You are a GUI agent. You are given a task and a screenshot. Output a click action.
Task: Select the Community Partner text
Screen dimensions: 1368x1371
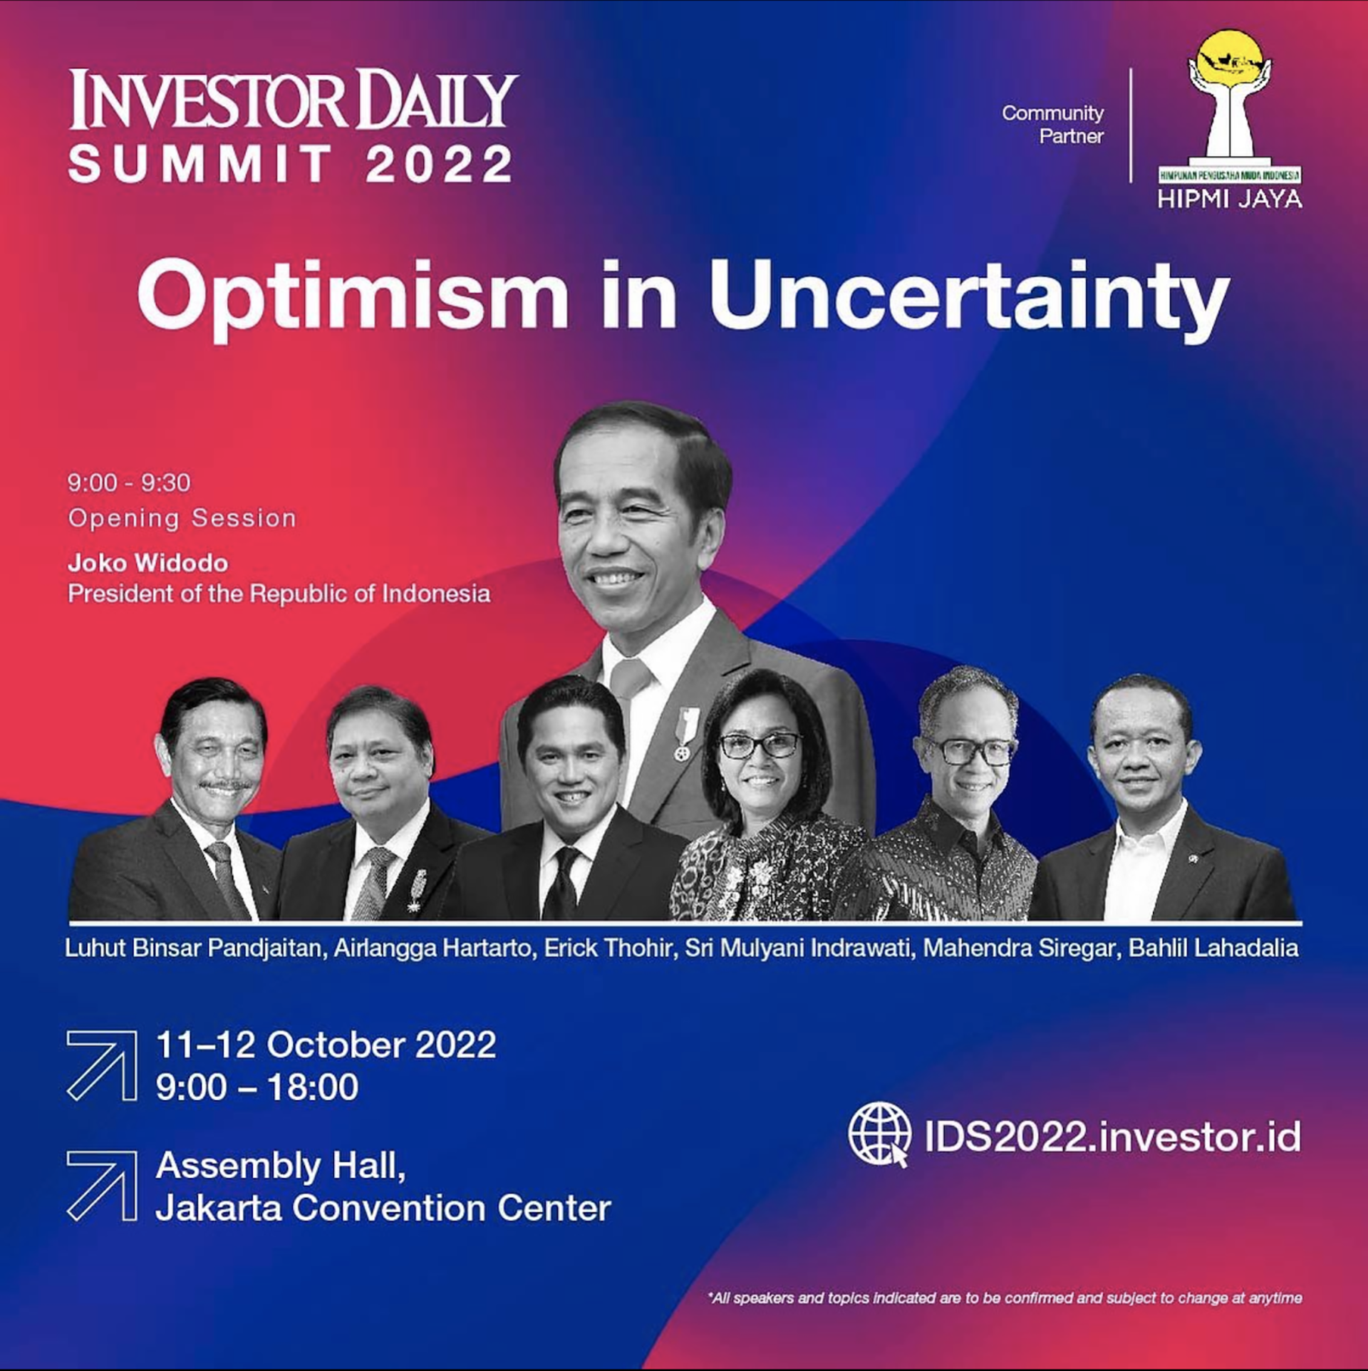(x=1052, y=125)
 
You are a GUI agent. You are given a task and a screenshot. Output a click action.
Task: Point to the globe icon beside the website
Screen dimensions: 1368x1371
(x=879, y=1135)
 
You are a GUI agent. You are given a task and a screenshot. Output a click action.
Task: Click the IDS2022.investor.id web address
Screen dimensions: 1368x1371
(x=1112, y=1137)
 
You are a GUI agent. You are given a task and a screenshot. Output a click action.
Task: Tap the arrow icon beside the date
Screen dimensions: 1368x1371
(x=102, y=1065)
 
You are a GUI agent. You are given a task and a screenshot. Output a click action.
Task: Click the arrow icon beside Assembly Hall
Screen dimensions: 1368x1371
(x=102, y=1186)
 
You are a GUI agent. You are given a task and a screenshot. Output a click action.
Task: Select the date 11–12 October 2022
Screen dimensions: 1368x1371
(x=326, y=1045)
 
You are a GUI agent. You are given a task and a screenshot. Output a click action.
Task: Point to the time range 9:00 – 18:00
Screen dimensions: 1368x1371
(x=257, y=1087)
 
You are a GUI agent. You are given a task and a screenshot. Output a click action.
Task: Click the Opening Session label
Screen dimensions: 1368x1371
(x=182, y=519)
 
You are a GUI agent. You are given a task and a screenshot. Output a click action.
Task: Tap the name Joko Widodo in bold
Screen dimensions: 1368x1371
(x=148, y=563)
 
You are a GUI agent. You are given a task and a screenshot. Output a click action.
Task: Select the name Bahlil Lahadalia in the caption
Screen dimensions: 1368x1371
(x=1213, y=948)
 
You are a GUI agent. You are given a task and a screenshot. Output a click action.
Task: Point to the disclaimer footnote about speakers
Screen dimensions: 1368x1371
(x=1005, y=1298)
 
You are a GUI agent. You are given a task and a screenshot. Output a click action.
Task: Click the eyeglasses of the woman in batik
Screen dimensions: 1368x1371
(x=760, y=745)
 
